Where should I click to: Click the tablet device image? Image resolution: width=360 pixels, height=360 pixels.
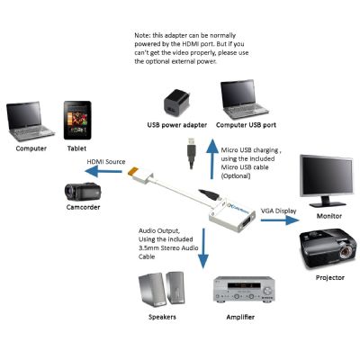(x=77, y=121)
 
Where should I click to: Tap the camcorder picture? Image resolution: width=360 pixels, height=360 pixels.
(x=83, y=192)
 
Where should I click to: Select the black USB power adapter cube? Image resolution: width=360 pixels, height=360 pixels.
(x=176, y=103)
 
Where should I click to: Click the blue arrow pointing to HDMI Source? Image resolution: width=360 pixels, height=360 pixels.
(x=103, y=171)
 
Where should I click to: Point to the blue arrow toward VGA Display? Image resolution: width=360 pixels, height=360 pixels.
(x=280, y=220)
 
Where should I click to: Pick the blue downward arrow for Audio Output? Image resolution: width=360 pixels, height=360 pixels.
(x=203, y=248)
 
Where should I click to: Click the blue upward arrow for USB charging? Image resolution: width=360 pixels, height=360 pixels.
(x=212, y=159)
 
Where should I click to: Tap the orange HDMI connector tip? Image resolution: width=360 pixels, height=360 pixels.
(x=132, y=172)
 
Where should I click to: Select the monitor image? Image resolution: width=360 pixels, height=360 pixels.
(x=327, y=181)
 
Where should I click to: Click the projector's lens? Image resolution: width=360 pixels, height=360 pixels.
(x=347, y=251)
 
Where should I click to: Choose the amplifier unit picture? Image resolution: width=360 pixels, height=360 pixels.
(x=244, y=289)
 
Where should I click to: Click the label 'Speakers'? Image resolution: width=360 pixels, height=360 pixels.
(x=162, y=317)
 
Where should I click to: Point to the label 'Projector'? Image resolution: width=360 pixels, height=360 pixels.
(x=330, y=278)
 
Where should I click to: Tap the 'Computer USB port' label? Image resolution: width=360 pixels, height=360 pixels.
(x=246, y=125)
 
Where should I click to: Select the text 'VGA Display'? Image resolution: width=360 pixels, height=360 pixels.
(x=278, y=211)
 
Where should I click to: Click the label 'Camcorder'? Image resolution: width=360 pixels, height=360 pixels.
(x=83, y=207)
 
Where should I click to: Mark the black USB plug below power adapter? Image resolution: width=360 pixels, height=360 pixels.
(x=191, y=153)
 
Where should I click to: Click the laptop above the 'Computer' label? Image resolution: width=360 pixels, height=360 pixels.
(x=30, y=121)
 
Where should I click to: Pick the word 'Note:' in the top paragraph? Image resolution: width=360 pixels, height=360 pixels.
(x=142, y=35)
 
